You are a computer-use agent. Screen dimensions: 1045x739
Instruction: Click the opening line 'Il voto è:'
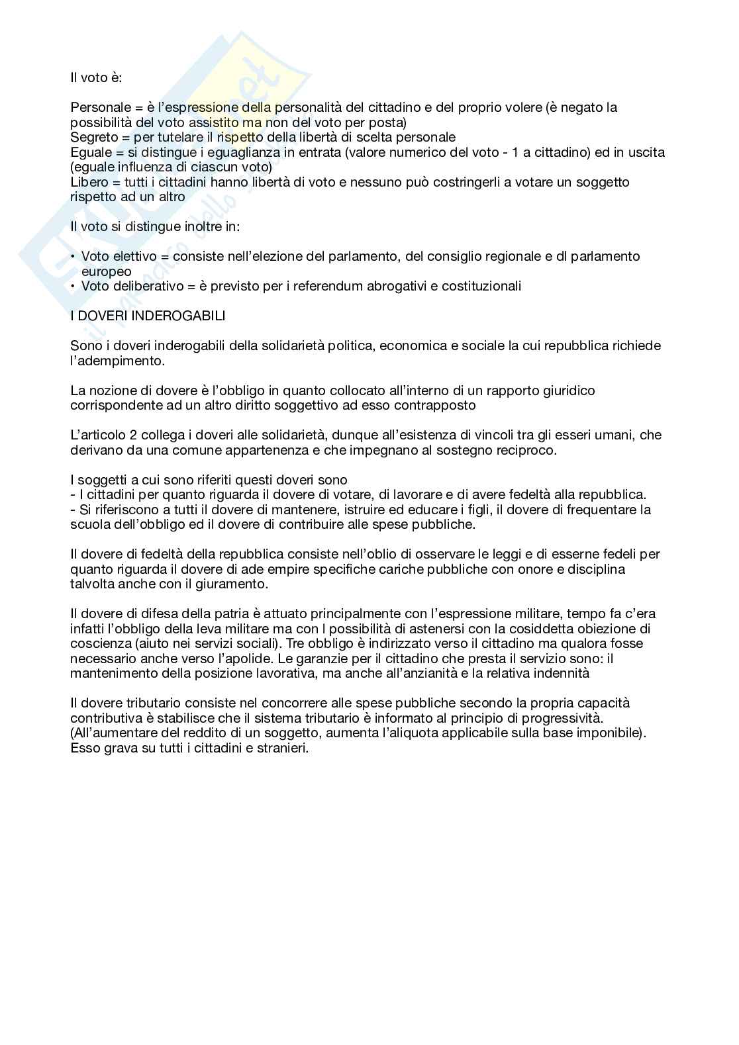pos(96,77)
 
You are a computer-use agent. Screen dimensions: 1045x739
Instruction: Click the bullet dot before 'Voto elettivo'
pos(73,256)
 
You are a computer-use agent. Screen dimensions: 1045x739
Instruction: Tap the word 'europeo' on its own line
pos(106,271)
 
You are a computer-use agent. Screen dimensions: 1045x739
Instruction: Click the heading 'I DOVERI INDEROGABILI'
pos(148,316)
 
